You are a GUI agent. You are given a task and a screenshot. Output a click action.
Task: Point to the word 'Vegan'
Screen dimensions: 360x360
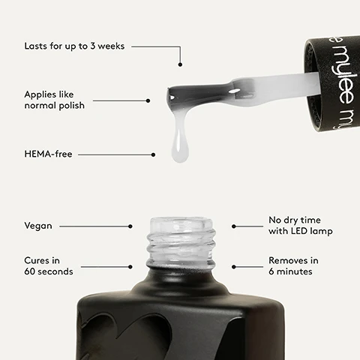38,225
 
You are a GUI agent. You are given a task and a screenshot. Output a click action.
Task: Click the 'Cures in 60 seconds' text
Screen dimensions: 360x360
49,265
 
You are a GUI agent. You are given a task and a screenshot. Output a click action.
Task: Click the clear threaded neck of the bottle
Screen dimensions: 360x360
180,241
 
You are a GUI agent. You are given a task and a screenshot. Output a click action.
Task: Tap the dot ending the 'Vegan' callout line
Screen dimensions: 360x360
130,225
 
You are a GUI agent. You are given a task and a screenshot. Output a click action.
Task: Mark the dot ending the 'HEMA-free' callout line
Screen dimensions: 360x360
153,155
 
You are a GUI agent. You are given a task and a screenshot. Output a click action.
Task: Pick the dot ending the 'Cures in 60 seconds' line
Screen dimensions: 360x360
130,266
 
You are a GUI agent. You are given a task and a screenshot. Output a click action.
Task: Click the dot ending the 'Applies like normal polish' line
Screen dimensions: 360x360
148,100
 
